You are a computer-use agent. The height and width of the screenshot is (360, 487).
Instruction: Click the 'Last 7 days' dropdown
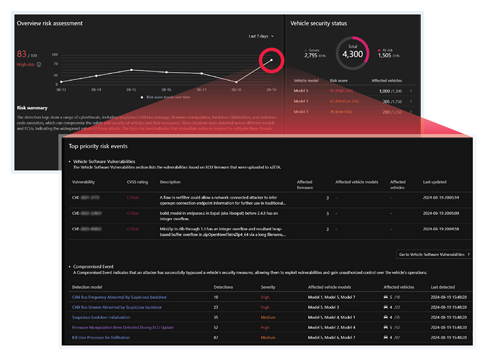tap(261, 36)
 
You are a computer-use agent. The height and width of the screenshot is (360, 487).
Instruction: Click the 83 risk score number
tap(22, 54)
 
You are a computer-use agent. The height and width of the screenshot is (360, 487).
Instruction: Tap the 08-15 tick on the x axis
tap(131, 90)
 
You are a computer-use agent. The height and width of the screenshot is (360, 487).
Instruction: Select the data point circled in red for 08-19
tap(271, 60)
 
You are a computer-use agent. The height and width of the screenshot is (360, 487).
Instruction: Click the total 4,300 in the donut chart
tap(352, 54)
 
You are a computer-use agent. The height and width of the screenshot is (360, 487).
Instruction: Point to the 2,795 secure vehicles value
tap(311, 55)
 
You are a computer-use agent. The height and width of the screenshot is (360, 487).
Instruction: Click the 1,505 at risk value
tap(384, 55)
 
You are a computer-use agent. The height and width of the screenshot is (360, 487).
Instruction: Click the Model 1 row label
tap(301, 101)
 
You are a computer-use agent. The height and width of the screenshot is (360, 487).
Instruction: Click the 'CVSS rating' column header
tap(137, 182)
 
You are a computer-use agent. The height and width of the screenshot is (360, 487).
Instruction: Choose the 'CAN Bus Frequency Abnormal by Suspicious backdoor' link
tap(119, 297)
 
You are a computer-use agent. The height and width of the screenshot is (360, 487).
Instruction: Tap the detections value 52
tap(216, 328)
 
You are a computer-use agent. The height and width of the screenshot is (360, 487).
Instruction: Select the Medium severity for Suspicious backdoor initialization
tap(268, 317)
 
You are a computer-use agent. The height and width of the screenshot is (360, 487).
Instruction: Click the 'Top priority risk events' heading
tap(98, 146)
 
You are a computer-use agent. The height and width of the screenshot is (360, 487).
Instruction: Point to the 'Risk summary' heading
tap(32, 108)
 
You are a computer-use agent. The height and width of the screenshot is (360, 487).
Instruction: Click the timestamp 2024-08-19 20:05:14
tap(440, 198)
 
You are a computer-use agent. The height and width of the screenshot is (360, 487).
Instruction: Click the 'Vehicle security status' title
tap(318, 23)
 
